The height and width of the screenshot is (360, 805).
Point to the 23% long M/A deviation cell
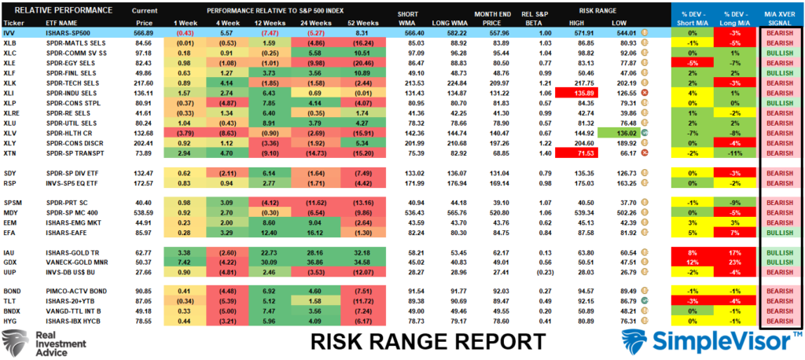[734, 262]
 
